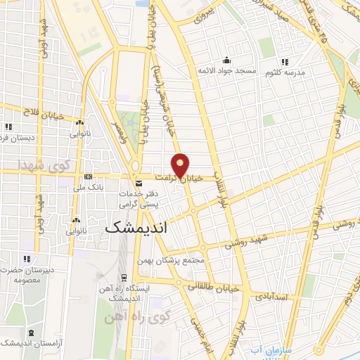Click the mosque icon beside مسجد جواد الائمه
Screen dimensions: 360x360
click(226, 60)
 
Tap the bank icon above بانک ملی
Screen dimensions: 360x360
click(88, 176)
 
